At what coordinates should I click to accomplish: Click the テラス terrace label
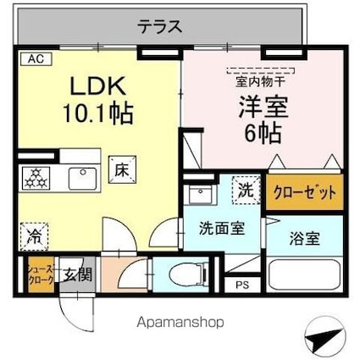coord(159,25)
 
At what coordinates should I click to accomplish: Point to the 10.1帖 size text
coord(96,112)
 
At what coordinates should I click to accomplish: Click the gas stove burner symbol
coord(36,179)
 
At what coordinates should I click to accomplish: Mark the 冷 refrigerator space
coord(34,235)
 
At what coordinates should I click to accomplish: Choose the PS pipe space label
coord(242,285)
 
